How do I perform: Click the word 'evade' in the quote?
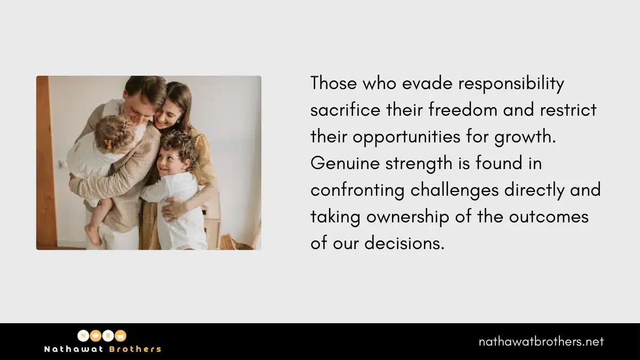(427, 83)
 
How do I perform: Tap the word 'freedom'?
(463, 110)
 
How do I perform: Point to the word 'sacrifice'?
(346, 110)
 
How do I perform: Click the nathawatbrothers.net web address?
(541, 342)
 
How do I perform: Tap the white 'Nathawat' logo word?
(74, 349)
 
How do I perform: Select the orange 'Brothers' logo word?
(135, 349)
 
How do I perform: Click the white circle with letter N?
(83, 335)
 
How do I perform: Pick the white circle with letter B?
(108, 335)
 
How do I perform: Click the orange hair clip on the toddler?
(107, 143)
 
